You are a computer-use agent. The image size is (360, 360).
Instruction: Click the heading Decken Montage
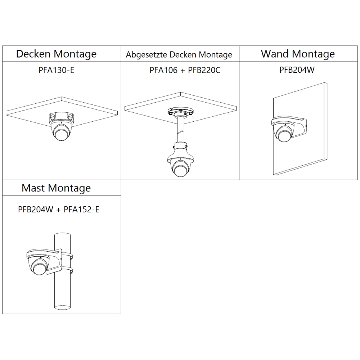[x=56, y=54]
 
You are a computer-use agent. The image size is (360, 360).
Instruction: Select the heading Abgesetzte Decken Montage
[x=179, y=55]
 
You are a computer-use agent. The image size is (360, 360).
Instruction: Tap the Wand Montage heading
[x=298, y=54]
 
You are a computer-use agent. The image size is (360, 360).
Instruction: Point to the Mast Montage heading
[x=56, y=188]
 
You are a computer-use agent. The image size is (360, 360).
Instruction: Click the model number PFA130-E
[x=56, y=70]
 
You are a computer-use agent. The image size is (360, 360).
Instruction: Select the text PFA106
[x=163, y=70]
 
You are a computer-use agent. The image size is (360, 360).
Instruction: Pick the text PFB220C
[x=204, y=70]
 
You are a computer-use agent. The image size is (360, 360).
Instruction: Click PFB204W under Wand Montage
[x=297, y=70]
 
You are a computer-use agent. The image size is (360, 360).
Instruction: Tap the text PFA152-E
[x=81, y=210]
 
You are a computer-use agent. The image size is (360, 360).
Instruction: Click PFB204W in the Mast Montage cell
[x=36, y=210]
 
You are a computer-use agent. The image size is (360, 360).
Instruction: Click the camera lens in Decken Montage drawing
[x=61, y=134]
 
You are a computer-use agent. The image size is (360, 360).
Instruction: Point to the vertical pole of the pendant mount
[x=181, y=130]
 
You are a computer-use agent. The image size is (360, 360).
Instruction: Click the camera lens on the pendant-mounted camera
[x=180, y=170]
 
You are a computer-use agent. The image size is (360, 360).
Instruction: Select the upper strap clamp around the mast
[x=67, y=256]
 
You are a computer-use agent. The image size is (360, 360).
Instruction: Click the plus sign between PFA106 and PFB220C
[x=183, y=71]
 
